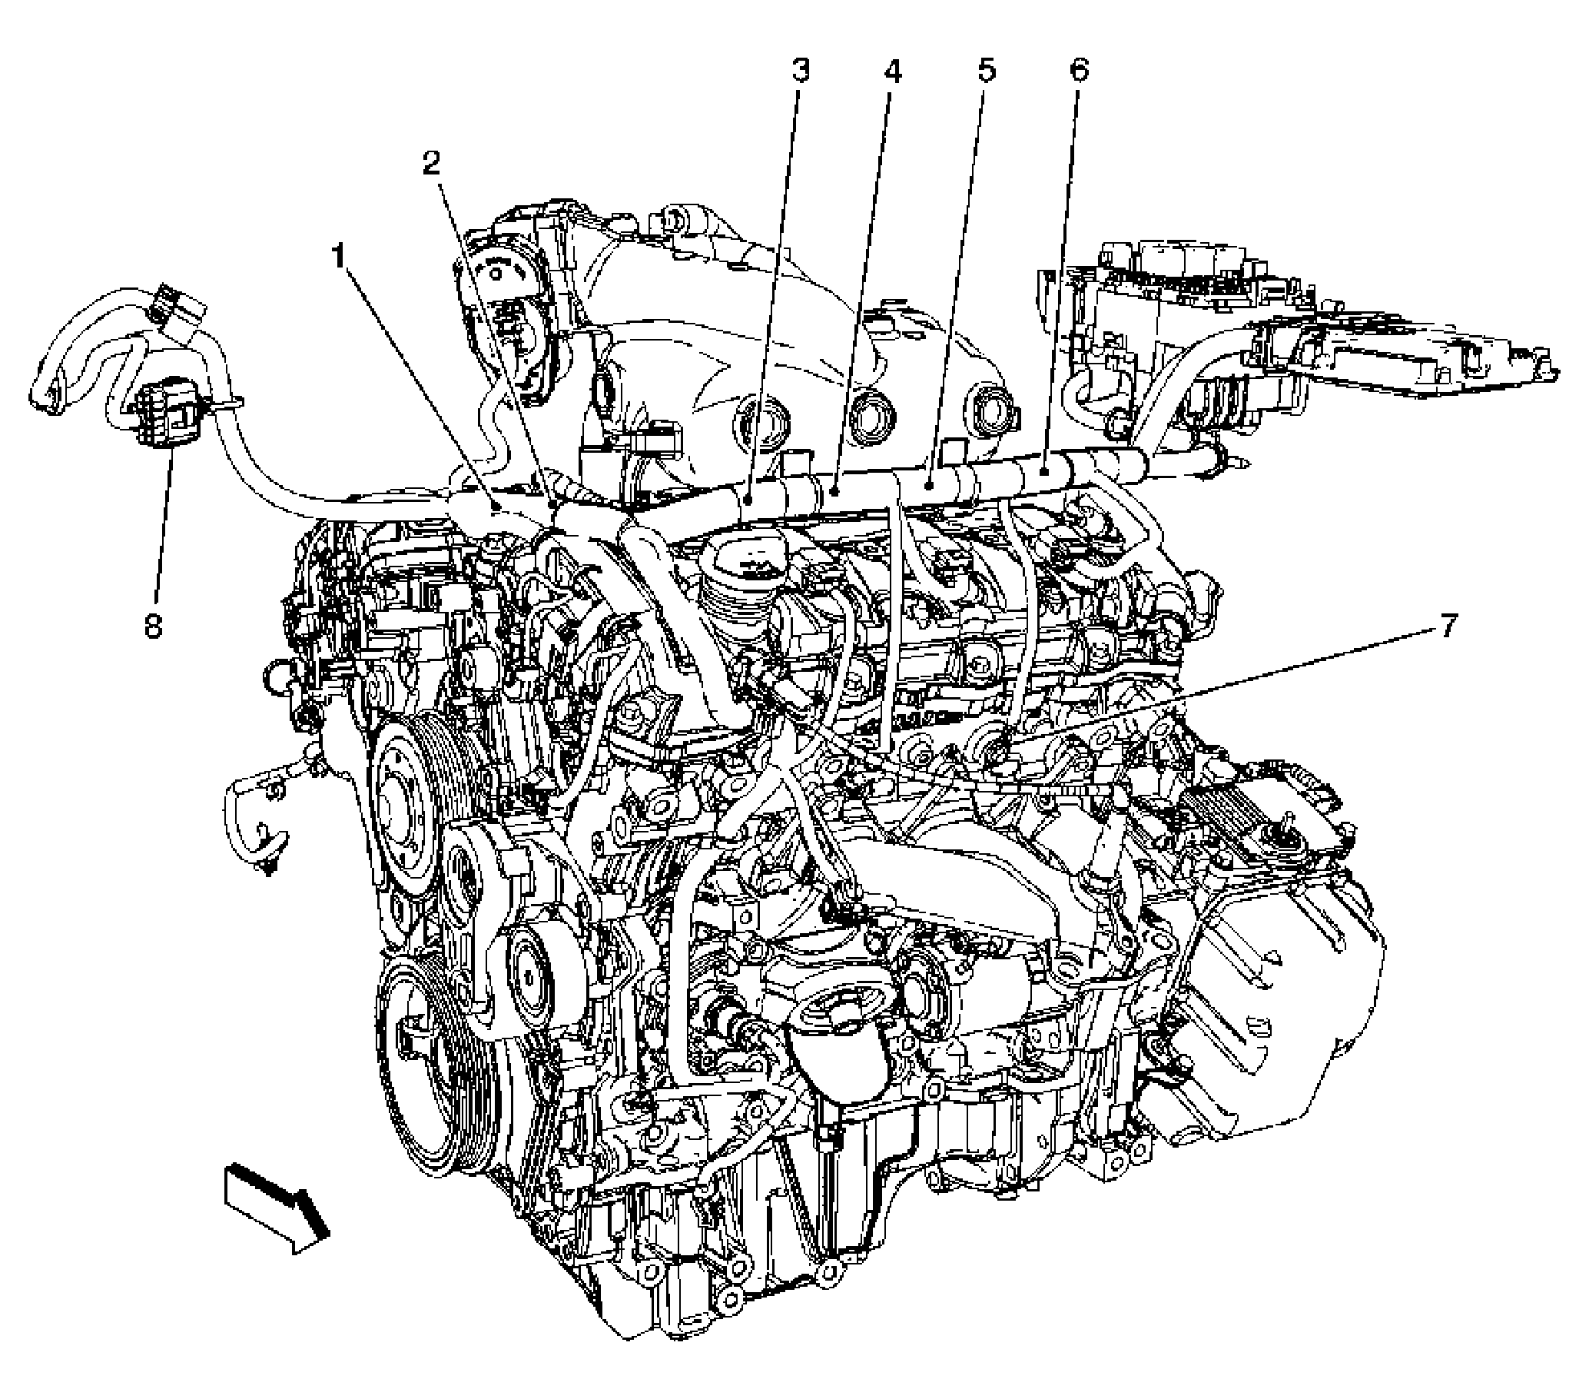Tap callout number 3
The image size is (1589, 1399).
(800, 71)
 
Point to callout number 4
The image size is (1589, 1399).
(891, 71)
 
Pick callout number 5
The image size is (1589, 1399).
(985, 71)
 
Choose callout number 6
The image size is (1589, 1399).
(1078, 71)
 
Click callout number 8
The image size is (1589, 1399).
(153, 625)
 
